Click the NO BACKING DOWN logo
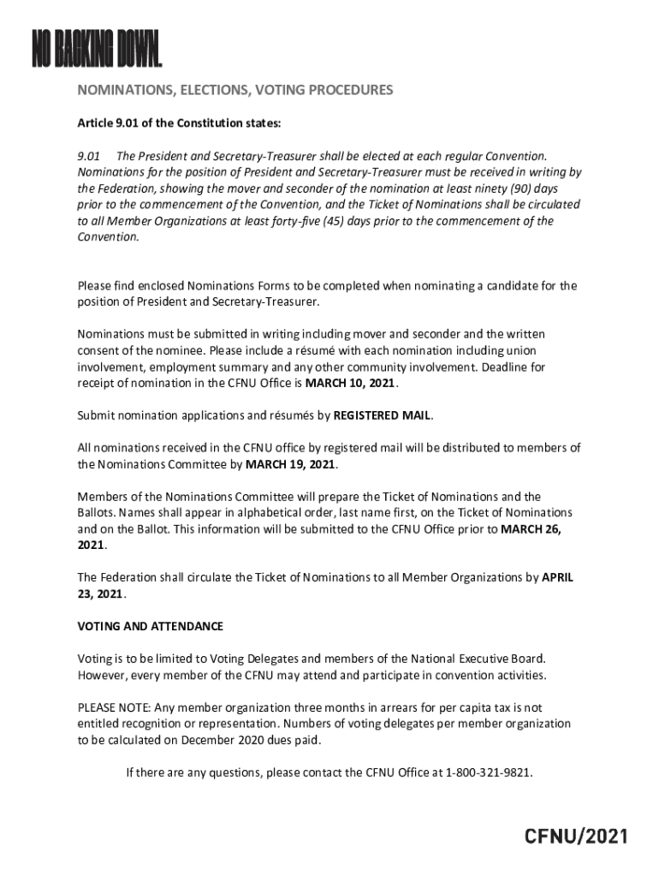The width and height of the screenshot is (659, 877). pyautogui.click(x=97, y=51)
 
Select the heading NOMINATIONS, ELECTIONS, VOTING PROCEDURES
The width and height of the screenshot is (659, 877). pyautogui.click(x=235, y=89)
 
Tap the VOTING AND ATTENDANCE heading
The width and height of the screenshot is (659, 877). pyautogui.click(x=151, y=626)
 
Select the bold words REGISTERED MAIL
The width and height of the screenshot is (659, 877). pyautogui.click(x=382, y=415)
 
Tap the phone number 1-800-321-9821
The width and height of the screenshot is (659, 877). pyautogui.click(x=489, y=772)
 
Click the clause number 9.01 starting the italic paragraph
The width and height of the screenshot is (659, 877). pyautogui.click(x=89, y=156)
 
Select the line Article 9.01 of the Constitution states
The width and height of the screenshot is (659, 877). pyautogui.click(x=179, y=123)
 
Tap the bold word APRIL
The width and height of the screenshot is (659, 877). pyautogui.click(x=557, y=577)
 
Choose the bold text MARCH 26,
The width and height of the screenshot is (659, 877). pyautogui.click(x=531, y=528)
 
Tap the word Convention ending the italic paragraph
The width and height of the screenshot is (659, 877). pyautogui.click(x=108, y=237)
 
